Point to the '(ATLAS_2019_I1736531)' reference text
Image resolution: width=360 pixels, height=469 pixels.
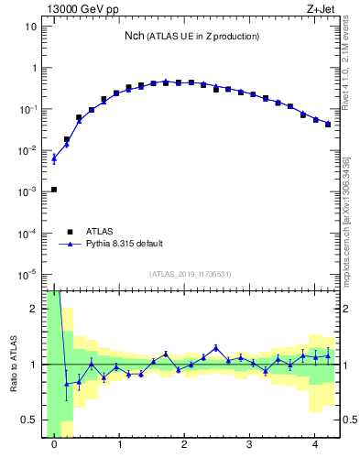coord(191,274)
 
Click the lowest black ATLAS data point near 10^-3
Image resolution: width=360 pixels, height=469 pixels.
coord(54,190)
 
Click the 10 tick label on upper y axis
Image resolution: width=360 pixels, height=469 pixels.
coord(31,27)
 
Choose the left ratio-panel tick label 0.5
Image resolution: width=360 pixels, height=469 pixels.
coord(30,420)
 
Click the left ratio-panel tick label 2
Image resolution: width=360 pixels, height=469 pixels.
coord(34,309)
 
